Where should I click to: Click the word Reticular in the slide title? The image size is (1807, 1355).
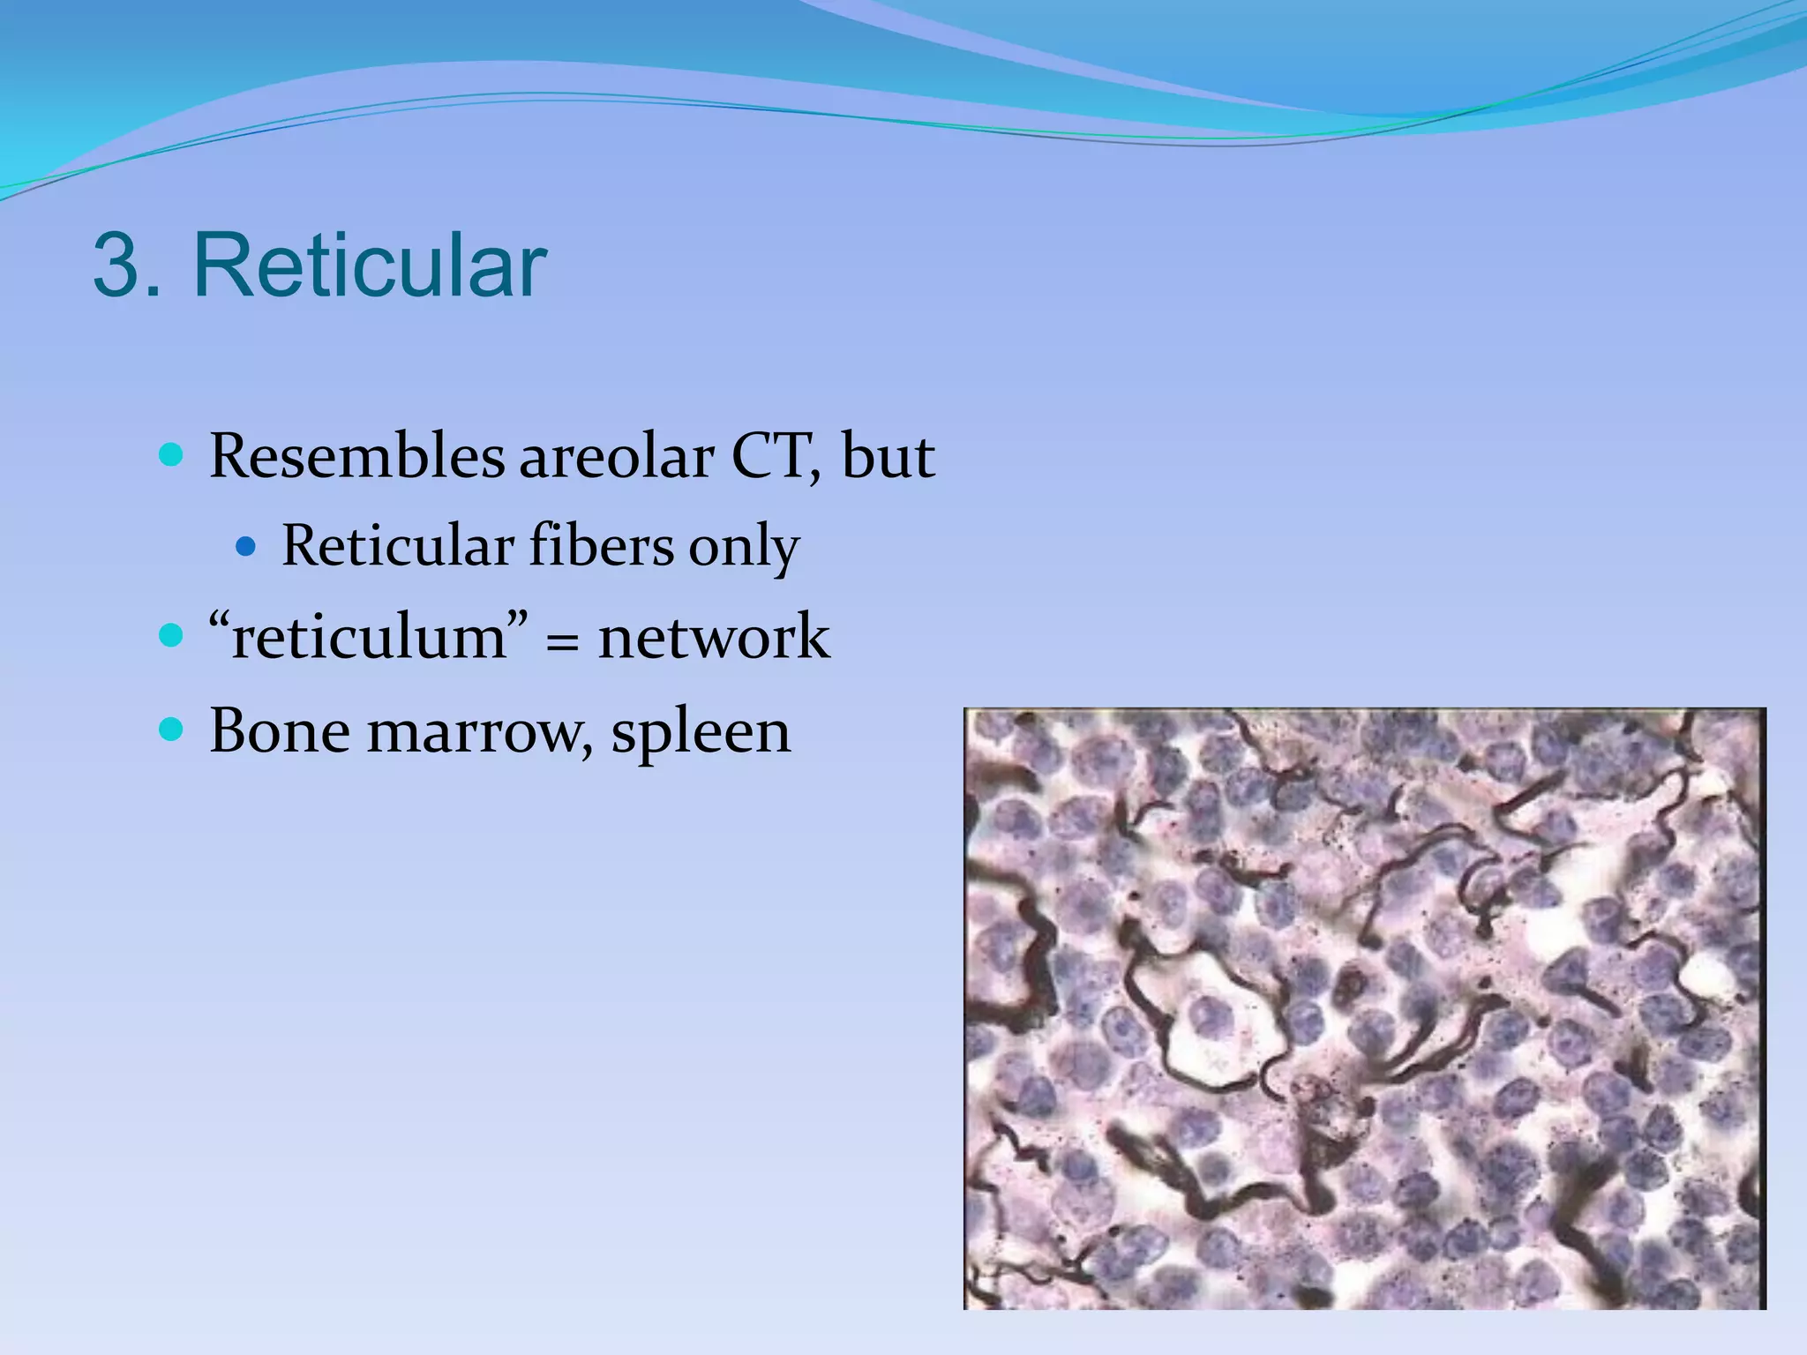pyautogui.click(x=370, y=266)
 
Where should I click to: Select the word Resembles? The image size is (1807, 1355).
pyautogui.click(x=357, y=457)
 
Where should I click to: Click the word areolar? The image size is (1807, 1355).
pyautogui.click(x=616, y=457)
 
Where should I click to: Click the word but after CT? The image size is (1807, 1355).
pyautogui.click(x=888, y=457)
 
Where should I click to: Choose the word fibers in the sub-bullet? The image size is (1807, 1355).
pyautogui.click(x=601, y=546)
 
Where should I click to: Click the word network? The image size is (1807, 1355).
pyautogui.click(x=713, y=636)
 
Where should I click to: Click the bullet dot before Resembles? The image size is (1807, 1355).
pyautogui.click(x=171, y=456)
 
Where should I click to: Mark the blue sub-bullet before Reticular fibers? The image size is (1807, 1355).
pyautogui.click(x=246, y=547)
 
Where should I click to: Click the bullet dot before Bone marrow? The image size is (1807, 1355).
pyautogui.click(x=171, y=730)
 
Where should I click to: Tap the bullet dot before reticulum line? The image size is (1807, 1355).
pyautogui.click(x=171, y=635)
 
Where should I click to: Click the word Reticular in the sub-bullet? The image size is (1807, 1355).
pyautogui.click(x=397, y=546)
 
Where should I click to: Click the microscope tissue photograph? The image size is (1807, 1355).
pyautogui.click(x=1364, y=1007)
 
